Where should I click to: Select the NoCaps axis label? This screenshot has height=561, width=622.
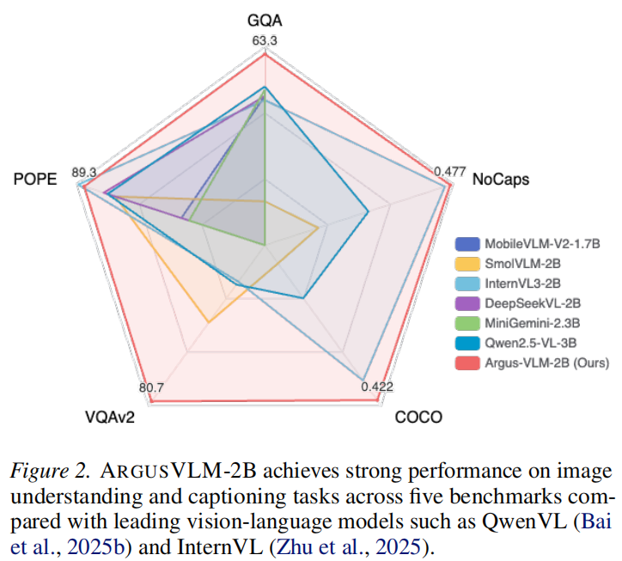(x=501, y=180)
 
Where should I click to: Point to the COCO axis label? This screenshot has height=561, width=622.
(x=418, y=418)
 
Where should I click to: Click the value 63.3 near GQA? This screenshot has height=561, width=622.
(x=265, y=40)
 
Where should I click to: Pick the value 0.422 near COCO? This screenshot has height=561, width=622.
(x=376, y=387)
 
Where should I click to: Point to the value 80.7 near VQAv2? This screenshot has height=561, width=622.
(x=151, y=387)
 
